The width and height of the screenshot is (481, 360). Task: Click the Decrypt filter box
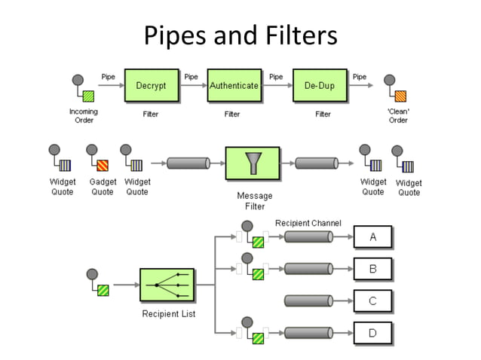click(151, 87)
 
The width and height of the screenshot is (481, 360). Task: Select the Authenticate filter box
click(234, 87)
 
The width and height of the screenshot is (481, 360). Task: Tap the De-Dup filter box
click(320, 87)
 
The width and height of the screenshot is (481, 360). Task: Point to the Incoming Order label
click(84, 116)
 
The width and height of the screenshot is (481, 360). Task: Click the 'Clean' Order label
click(398, 116)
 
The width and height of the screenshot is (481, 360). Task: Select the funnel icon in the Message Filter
click(252, 163)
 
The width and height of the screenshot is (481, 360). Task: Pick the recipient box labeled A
click(372, 237)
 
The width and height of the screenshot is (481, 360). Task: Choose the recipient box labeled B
click(372, 268)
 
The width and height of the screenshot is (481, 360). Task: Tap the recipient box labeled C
click(372, 301)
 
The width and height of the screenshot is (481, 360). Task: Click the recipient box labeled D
click(372, 332)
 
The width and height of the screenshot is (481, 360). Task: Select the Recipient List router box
click(167, 286)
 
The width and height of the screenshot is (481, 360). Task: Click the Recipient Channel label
click(308, 223)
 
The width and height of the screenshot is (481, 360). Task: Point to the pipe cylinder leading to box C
click(308, 301)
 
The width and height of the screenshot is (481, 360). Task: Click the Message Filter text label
click(254, 201)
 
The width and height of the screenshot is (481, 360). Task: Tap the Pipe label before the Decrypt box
click(109, 76)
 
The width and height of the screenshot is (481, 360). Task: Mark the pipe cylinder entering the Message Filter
click(188, 163)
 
